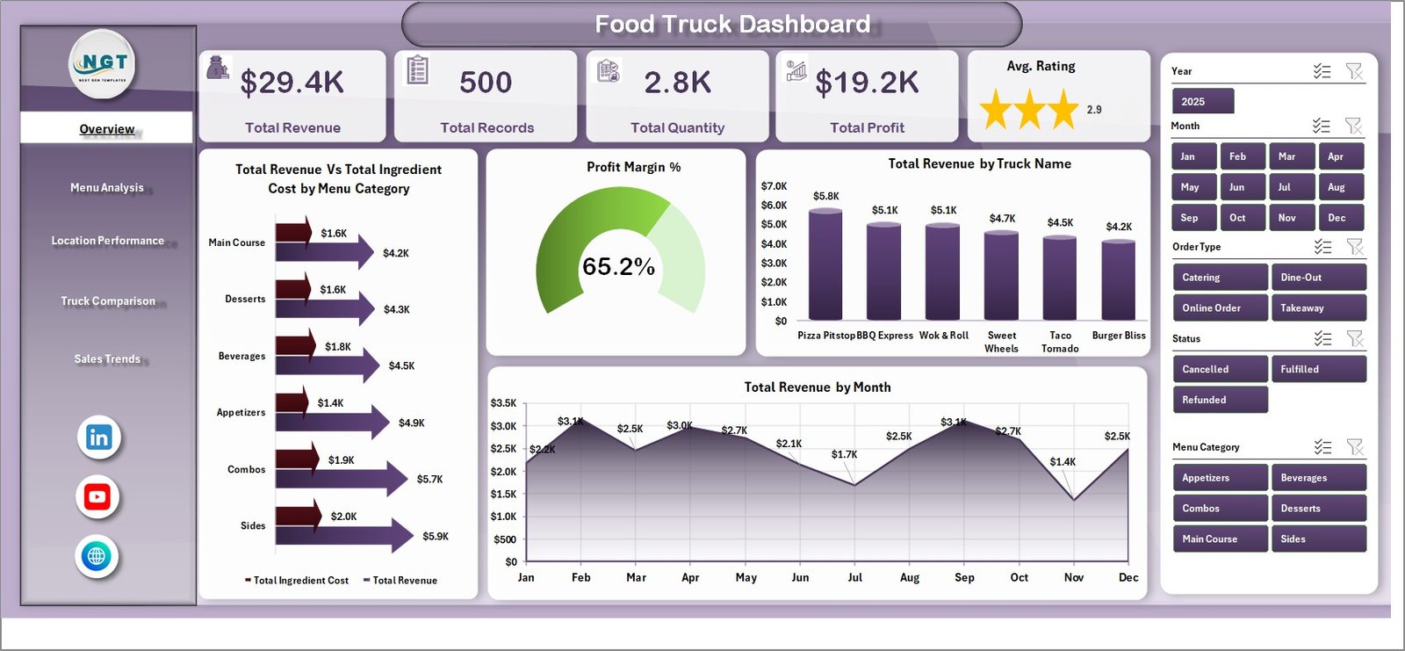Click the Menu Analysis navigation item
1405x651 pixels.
click(x=106, y=187)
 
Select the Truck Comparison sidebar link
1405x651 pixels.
click(x=107, y=300)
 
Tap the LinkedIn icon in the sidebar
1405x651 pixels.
click(x=98, y=437)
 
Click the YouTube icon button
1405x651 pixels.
click(x=97, y=496)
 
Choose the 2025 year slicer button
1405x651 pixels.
click(x=1202, y=101)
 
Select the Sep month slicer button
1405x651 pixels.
click(x=1193, y=217)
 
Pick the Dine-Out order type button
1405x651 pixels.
click(x=1318, y=277)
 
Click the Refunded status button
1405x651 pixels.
click(x=1219, y=399)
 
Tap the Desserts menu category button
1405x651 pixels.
click(x=1318, y=508)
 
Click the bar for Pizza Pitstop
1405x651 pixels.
click(x=825, y=264)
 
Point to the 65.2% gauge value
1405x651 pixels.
click(x=618, y=266)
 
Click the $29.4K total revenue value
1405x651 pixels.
click(x=292, y=83)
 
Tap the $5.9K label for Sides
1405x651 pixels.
click(x=436, y=536)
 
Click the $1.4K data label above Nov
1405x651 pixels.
click(x=1063, y=461)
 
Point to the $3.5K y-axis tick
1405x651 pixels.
click(x=503, y=403)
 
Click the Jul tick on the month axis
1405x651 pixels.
click(x=854, y=577)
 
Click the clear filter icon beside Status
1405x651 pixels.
click(x=1355, y=338)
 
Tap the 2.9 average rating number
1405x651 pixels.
click(x=1094, y=110)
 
